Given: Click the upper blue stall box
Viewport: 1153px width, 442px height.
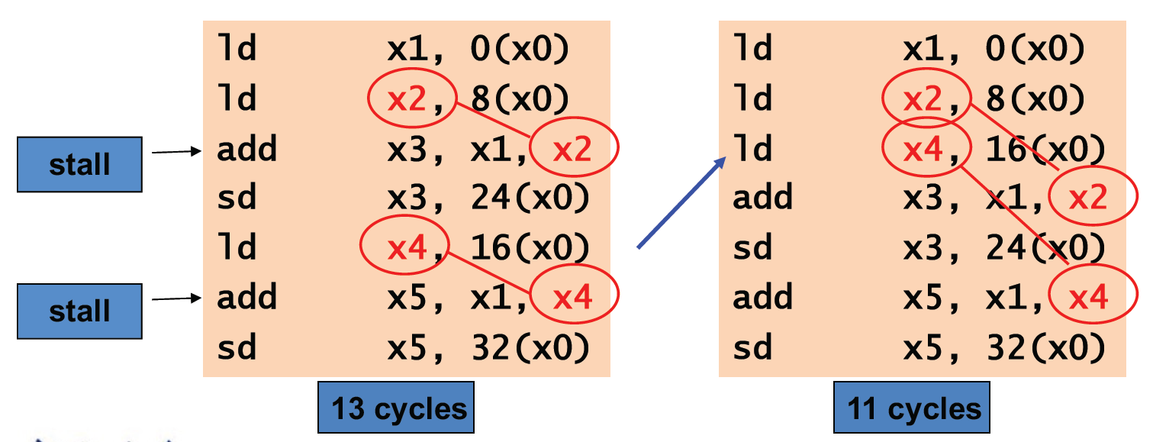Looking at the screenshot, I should pyautogui.click(x=79, y=164).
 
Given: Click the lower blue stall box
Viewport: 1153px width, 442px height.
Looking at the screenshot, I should pyautogui.click(x=79, y=311).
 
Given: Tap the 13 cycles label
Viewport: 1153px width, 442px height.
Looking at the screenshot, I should pyautogui.click(x=397, y=408).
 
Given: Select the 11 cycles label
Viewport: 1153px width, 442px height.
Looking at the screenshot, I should pyautogui.click(x=913, y=408).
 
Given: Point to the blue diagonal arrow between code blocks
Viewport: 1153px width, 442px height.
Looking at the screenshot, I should pyautogui.click(x=681, y=203).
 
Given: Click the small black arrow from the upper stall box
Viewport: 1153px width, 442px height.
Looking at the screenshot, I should pyautogui.click(x=176, y=152).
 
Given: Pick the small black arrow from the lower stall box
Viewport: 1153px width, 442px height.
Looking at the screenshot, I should pyautogui.click(x=176, y=298).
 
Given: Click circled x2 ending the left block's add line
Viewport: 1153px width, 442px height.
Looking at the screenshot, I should pyautogui.click(x=574, y=150).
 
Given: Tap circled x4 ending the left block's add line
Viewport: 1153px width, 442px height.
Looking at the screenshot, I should pyautogui.click(x=574, y=298).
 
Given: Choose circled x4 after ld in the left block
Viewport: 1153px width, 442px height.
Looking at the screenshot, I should pyautogui.click(x=404, y=248).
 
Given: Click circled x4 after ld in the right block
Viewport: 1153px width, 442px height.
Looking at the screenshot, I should pyautogui.click(x=923, y=150).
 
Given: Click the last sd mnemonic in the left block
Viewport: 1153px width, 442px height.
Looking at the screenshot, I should pyautogui.click(x=237, y=347).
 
